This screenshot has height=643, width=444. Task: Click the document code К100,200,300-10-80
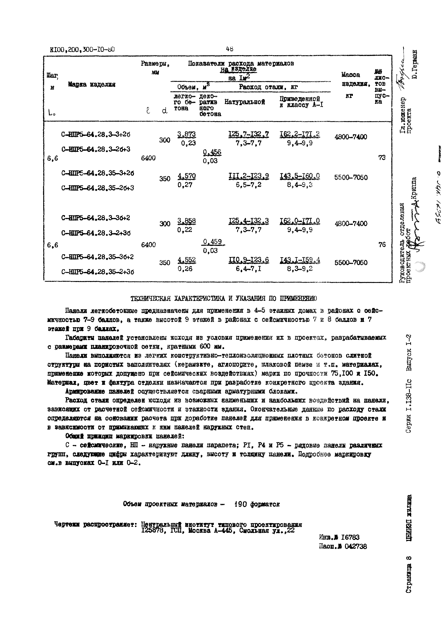pos(82,50)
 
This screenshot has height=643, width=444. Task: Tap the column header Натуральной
pos(244,102)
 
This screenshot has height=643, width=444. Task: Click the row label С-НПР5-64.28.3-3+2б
pos(96,135)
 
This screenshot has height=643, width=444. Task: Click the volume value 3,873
pos(186,134)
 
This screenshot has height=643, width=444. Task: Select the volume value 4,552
pos(186,260)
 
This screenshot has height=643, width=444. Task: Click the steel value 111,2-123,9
pos(248,176)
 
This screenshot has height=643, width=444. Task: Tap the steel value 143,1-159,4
pos(300,260)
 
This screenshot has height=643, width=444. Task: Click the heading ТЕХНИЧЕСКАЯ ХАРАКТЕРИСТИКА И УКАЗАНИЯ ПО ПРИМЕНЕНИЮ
pos(224,299)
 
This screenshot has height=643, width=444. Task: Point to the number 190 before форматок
pos(241,504)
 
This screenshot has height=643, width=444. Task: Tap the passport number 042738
pos(356,546)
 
